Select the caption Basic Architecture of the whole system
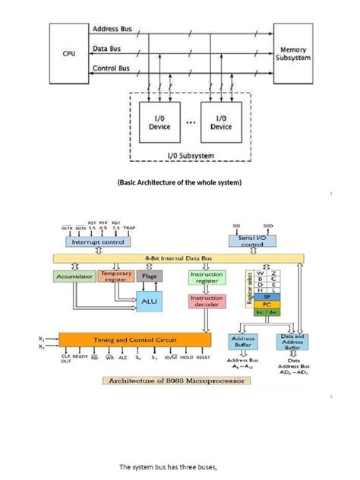pos(179,183)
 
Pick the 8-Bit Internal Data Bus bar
pos(179,258)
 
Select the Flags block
pos(148,278)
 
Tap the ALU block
pos(148,301)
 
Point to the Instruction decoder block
pos(206,302)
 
